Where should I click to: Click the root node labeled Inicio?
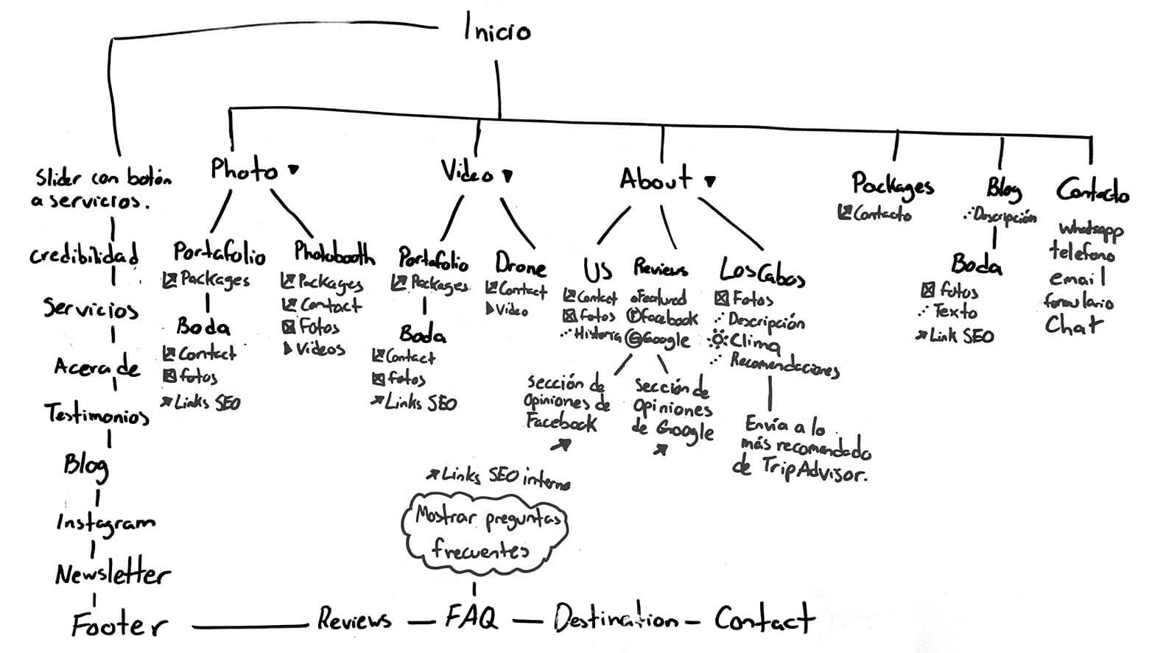[x=496, y=30]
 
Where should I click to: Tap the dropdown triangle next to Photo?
[x=293, y=170]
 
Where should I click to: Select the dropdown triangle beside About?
[x=710, y=180]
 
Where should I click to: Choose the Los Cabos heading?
[x=762, y=272]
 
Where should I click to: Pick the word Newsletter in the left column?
[x=112, y=573]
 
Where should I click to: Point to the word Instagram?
[x=105, y=523]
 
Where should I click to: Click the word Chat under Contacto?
[x=1073, y=325]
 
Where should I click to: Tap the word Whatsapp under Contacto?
[x=1091, y=230]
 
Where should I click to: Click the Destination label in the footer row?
[x=615, y=619]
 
